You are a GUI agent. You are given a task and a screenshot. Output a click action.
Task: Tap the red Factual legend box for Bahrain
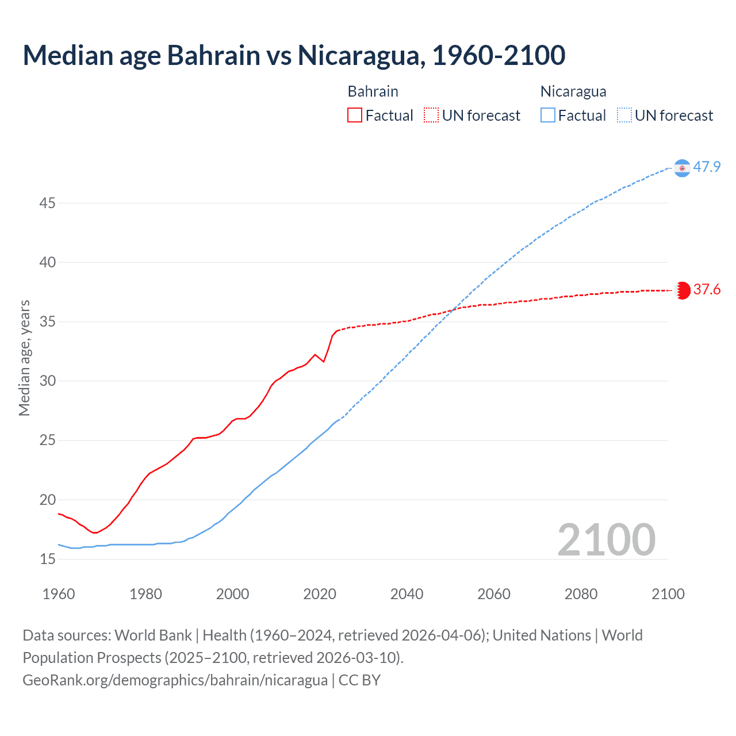pyautogui.click(x=355, y=116)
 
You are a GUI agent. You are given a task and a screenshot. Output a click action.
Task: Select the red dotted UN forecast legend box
pyautogui.click(x=431, y=116)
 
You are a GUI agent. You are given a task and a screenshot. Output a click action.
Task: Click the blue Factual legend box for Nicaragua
pyautogui.click(x=548, y=116)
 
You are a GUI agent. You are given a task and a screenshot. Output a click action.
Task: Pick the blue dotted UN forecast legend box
pyautogui.click(x=624, y=116)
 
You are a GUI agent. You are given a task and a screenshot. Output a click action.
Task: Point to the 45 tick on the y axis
pyautogui.click(x=48, y=204)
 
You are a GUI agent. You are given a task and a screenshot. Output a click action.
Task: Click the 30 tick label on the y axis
pyautogui.click(x=48, y=381)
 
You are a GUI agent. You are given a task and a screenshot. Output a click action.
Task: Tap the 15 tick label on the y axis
pyautogui.click(x=48, y=559)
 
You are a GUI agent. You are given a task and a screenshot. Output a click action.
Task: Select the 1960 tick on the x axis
pyautogui.click(x=59, y=594)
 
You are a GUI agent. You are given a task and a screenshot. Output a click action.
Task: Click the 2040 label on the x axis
pyautogui.click(x=407, y=594)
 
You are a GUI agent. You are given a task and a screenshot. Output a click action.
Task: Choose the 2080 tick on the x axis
pyautogui.click(x=581, y=594)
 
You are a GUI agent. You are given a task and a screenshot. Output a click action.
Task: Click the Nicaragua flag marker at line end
pyautogui.click(x=682, y=168)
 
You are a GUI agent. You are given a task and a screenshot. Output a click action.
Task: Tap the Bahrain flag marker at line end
pyautogui.click(x=682, y=290)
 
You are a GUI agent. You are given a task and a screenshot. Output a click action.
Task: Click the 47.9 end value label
pyautogui.click(x=707, y=167)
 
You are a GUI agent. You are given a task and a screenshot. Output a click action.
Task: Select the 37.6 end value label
pyautogui.click(x=707, y=290)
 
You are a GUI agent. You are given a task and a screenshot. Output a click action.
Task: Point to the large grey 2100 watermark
pyautogui.click(x=606, y=540)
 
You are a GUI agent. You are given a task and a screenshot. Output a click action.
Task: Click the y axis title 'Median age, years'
pyautogui.click(x=24, y=358)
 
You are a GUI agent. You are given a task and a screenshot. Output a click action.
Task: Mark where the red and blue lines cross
pyautogui.click(x=453, y=310)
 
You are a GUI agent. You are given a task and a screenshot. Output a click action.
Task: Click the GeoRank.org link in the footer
pyautogui.click(x=175, y=680)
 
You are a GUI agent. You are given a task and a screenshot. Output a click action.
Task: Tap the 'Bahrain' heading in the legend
pyautogui.click(x=373, y=91)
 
